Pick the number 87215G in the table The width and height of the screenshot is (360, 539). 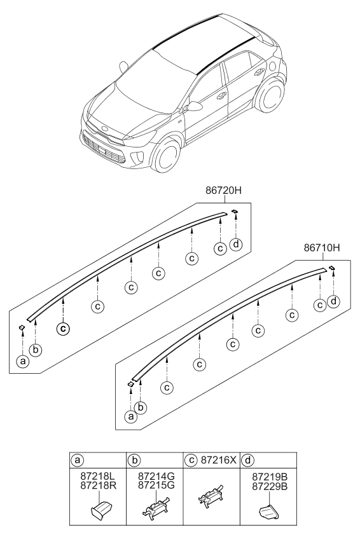[x=151, y=485]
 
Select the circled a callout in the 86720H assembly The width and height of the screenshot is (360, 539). [x=23, y=362]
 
